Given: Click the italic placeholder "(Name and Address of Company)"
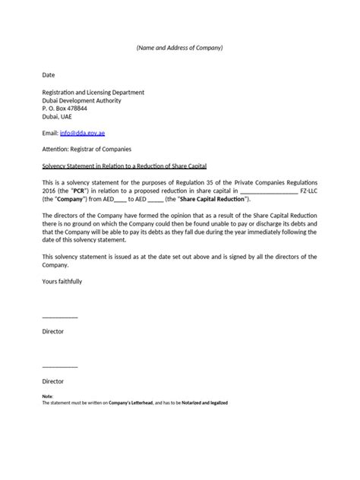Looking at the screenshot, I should tap(179, 48).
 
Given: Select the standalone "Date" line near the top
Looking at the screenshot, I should tap(49, 76).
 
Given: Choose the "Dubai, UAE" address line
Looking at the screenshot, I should tap(58, 118).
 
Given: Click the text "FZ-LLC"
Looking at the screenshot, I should tap(307, 191).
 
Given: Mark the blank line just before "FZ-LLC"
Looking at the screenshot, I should tap(269, 192).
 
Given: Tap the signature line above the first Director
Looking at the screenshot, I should tap(59, 317).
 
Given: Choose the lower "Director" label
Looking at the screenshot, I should tap(52, 381).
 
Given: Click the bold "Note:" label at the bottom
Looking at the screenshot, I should tap(48, 396).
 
